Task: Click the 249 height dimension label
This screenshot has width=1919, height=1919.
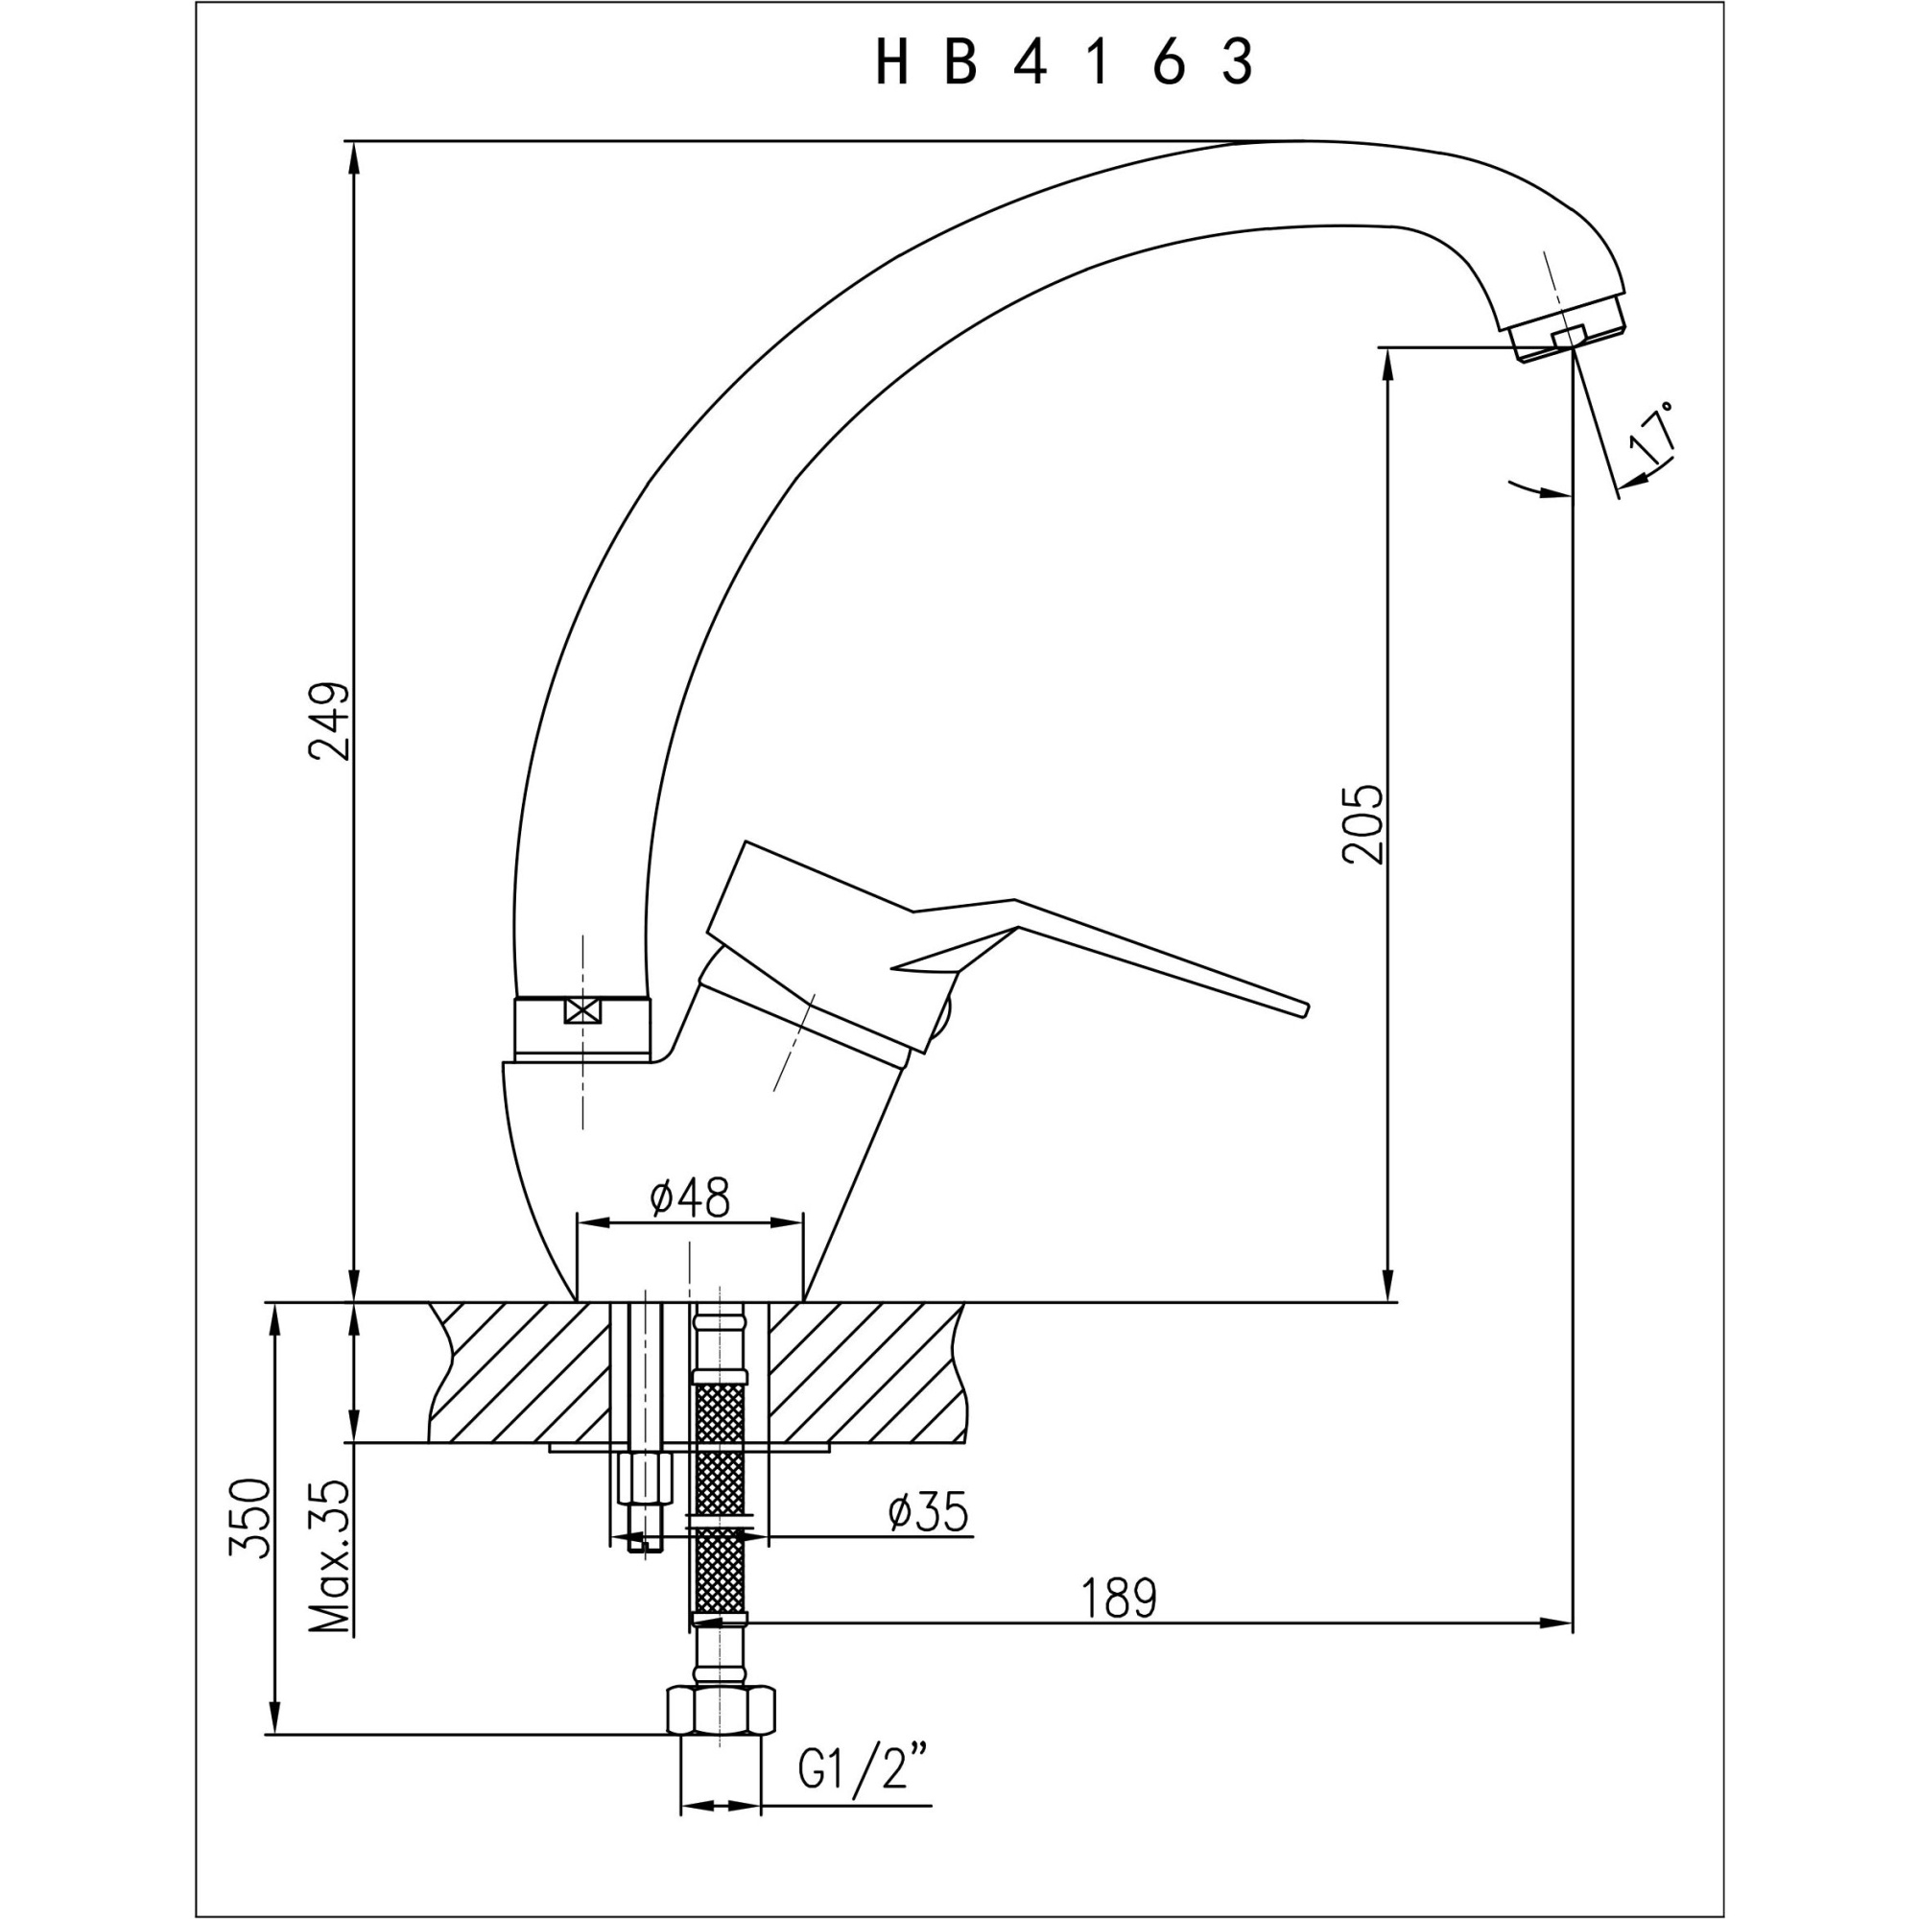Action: tap(330, 722)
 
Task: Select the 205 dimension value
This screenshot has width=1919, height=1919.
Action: tap(1362, 824)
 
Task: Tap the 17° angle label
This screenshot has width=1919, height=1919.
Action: tap(1654, 434)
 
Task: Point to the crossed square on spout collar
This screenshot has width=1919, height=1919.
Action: tap(582, 1012)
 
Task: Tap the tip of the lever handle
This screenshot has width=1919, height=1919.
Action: tap(1303, 1008)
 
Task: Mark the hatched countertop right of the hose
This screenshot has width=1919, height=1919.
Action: tap(865, 1372)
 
